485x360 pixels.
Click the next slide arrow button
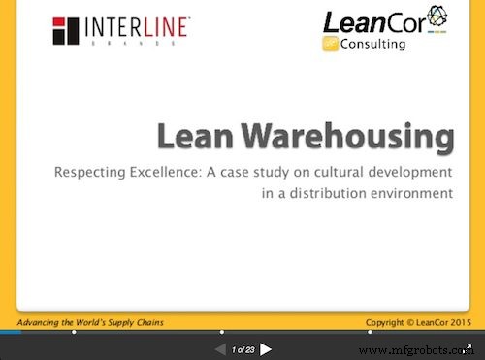tap(267, 349)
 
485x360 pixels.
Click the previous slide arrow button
tap(220, 349)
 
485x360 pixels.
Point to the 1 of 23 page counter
tap(243, 349)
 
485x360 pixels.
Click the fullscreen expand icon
tap(467, 347)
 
